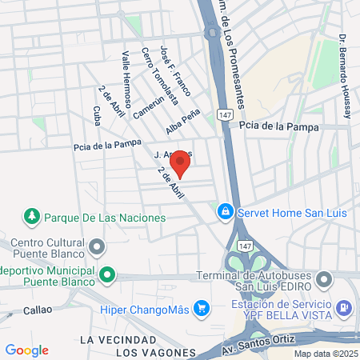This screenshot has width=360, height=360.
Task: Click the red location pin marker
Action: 181,162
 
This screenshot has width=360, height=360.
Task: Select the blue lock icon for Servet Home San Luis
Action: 226,211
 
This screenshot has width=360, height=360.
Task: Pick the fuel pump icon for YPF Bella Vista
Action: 342,306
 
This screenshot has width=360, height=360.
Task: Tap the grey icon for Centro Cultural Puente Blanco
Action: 98,246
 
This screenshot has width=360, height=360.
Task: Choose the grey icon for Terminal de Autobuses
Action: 324,280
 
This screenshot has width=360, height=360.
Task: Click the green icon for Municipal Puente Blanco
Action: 106,276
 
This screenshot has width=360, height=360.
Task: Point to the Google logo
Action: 26,350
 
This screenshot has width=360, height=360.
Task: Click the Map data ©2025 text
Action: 324,353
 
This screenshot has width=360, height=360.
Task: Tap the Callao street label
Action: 38,309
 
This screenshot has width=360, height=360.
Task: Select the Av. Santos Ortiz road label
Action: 256,349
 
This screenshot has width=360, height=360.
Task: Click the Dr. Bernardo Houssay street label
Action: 344,77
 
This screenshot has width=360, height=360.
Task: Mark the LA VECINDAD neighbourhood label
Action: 111,340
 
